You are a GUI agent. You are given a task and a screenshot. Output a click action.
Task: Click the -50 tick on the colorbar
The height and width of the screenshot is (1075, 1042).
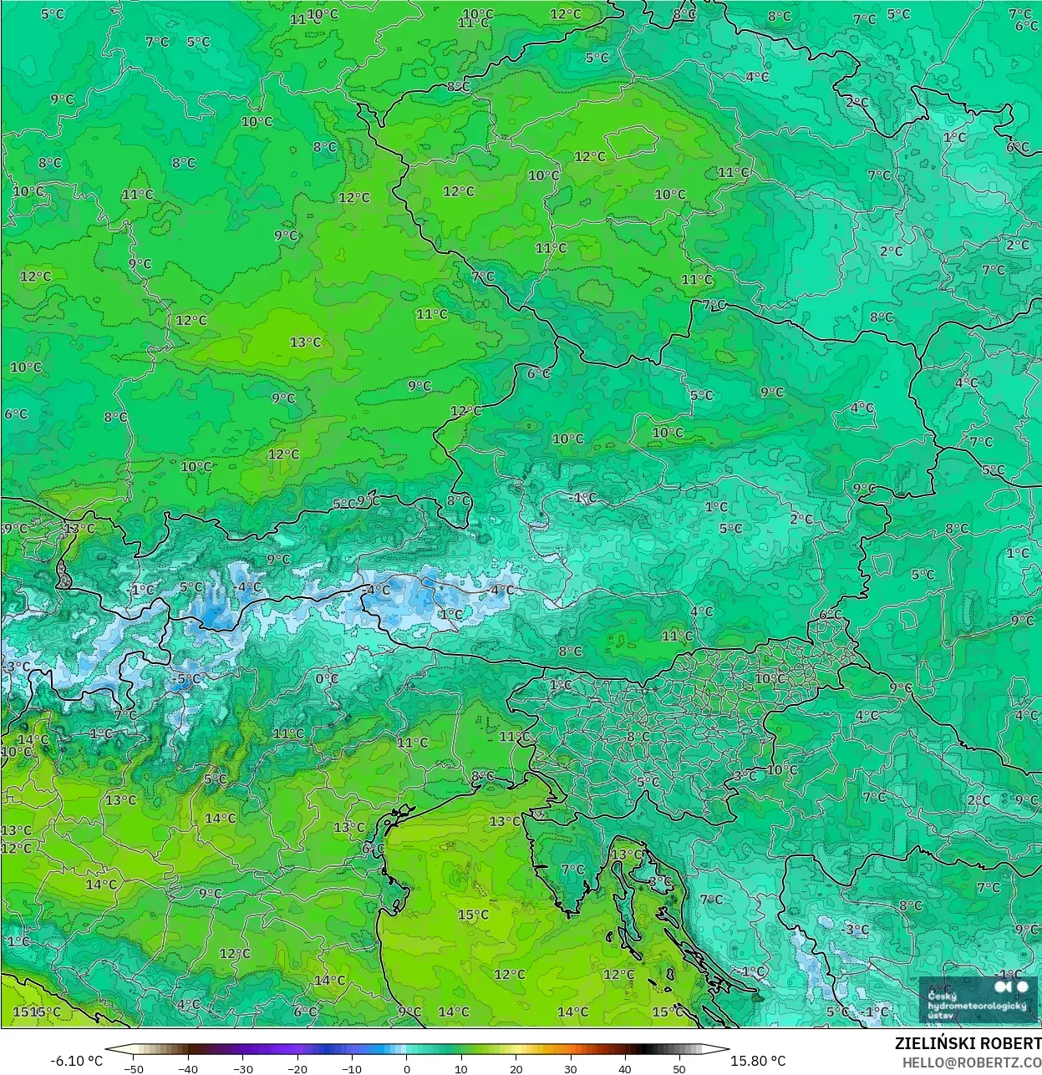[134, 1068]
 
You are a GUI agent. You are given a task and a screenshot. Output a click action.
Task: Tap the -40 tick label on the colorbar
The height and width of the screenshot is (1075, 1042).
[188, 1068]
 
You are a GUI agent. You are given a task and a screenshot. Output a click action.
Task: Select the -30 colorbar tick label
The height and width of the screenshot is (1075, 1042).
[242, 1068]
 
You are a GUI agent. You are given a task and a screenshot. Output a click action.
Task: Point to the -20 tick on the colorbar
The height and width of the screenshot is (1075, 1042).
[297, 1068]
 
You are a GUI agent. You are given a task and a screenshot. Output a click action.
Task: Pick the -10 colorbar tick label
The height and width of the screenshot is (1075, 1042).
[352, 1068]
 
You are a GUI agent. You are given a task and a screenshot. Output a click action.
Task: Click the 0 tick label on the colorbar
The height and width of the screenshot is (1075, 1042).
[407, 1068]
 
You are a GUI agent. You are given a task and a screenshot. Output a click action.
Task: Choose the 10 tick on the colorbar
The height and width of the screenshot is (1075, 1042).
[461, 1068]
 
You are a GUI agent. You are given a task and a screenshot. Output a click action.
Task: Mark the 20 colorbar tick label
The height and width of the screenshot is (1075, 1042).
[516, 1068]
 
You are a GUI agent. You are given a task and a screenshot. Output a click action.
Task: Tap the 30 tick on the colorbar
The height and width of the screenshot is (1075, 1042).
[570, 1068]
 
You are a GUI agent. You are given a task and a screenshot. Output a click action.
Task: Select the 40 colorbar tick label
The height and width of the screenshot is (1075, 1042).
[624, 1068]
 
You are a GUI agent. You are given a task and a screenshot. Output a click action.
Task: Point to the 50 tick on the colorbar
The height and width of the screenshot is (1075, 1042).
[679, 1068]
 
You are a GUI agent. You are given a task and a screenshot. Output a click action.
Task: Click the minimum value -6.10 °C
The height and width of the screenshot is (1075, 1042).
[77, 1061]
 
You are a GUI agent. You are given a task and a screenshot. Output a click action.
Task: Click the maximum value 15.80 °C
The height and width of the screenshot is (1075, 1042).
[758, 1061]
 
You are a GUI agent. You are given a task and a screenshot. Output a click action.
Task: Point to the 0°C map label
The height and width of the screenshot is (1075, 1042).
[327, 679]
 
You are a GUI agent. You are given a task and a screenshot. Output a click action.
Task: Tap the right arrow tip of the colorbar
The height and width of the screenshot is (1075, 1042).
[727, 1050]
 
